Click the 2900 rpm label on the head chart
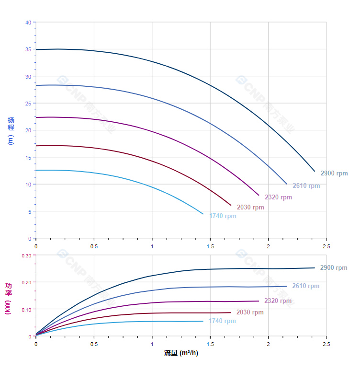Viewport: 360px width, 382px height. tap(334, 174)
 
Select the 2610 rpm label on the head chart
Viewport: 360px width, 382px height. tap(306, 186)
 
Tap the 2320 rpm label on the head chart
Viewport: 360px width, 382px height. tap(278, 197)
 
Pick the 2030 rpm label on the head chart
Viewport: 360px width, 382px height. tap(250, 208)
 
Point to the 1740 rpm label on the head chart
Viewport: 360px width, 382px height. tap(223, 216)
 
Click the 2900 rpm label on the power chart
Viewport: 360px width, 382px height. tap(334, 268)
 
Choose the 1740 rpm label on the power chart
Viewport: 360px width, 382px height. tap(222, 321)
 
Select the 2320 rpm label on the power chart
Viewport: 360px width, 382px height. tap(278, 301)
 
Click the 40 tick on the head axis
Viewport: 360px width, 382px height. tap(28, 23)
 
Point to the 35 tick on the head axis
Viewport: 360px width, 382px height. tap(28, 49)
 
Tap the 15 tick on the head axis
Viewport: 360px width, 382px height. tap(28, 157)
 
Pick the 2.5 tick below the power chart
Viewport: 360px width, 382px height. tap(326, 344)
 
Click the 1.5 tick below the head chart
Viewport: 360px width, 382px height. tap(210, 246)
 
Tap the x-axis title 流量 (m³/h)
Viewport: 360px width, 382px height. tap(181, 353)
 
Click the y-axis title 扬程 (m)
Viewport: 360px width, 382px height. tap(11, 131)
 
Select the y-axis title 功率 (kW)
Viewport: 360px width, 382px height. tap(8, 299)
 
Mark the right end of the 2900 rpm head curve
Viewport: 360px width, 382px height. tap(315, 171)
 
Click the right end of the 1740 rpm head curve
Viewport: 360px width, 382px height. tap(203, 214)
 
